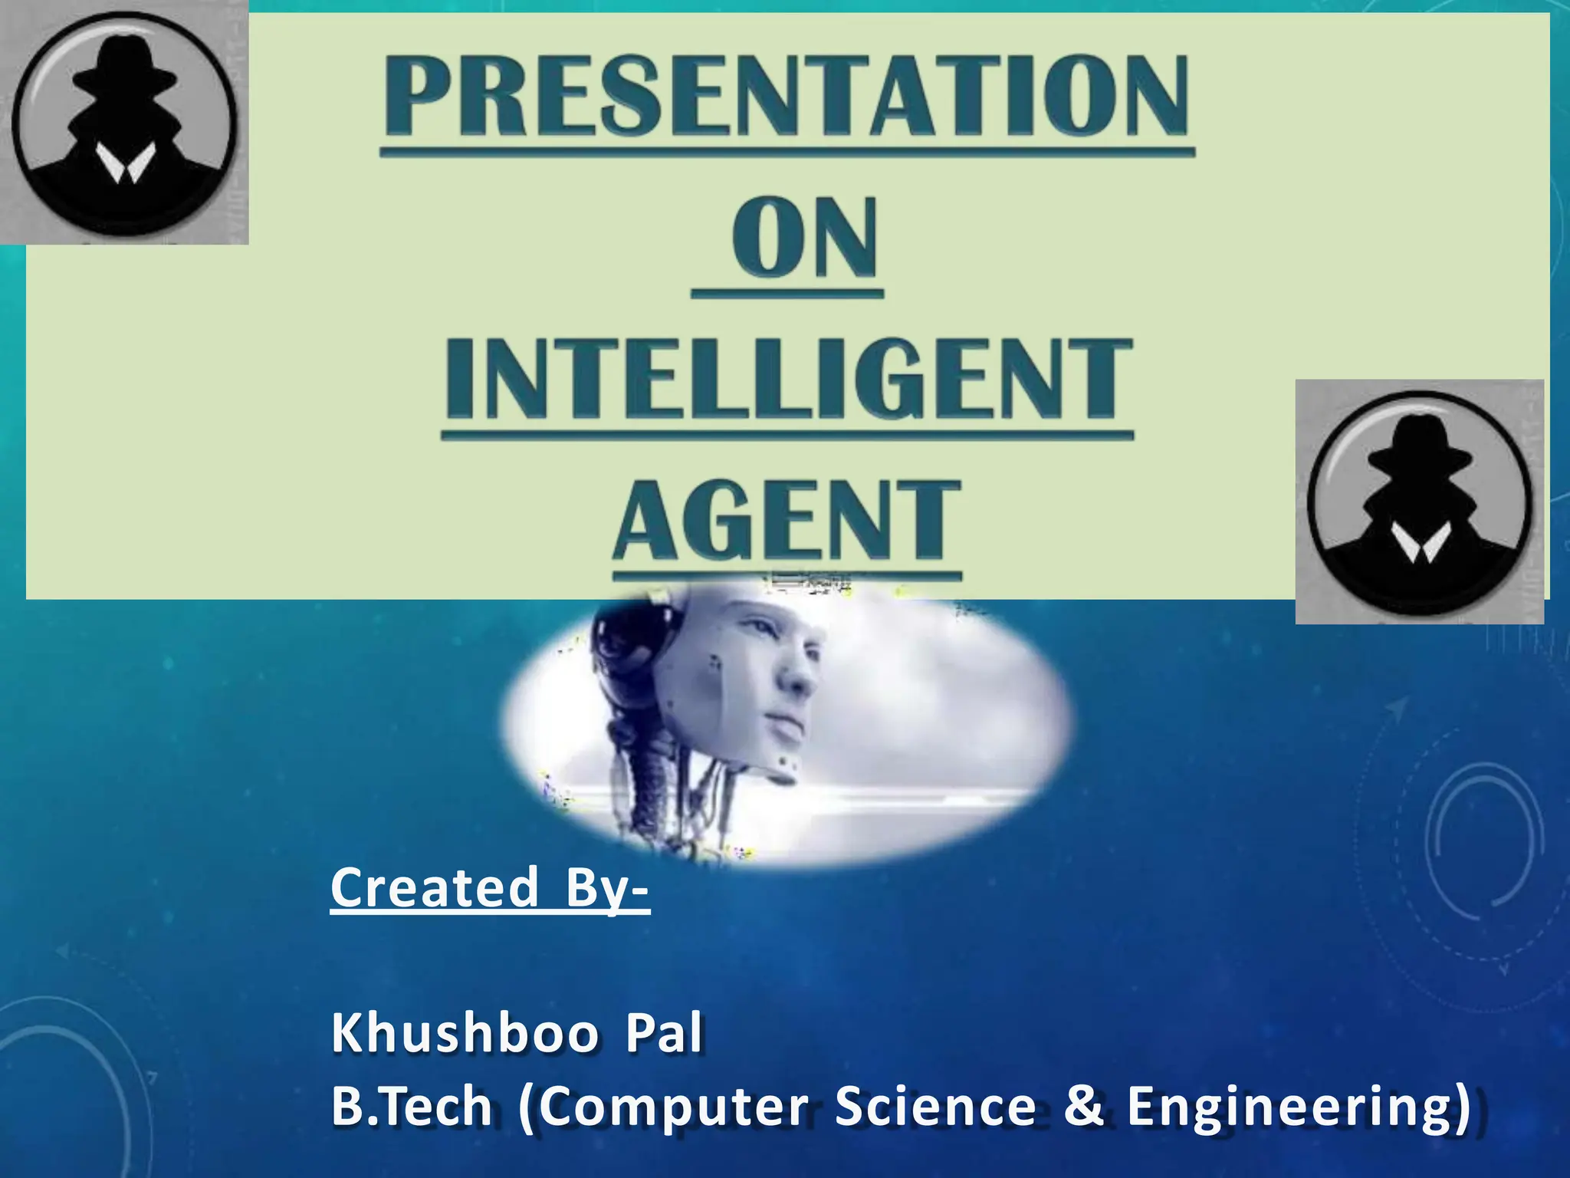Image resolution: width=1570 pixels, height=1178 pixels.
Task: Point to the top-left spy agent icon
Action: [x=123, y=123]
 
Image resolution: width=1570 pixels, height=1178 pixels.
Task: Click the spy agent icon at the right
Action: [x=1419, y=502]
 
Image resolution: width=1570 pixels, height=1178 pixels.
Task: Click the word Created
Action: [x=435, y=887]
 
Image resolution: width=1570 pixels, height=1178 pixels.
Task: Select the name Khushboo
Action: [x=465, y=1034]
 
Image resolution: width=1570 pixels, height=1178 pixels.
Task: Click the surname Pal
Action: [x=664, y=1034]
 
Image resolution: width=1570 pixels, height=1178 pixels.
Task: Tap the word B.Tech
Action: [x=412, y=1107]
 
